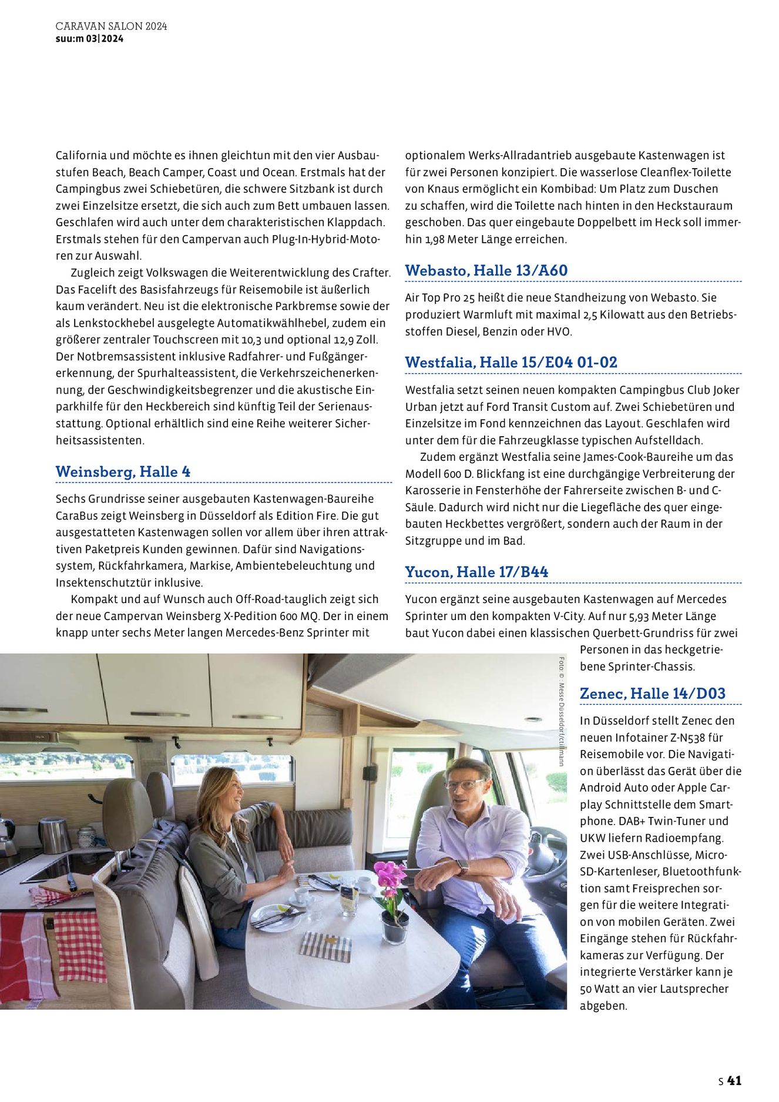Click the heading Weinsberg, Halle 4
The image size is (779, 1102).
coord(123,471)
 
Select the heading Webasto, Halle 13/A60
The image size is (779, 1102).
coord(486,270)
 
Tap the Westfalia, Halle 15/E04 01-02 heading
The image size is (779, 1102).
coord(511,362)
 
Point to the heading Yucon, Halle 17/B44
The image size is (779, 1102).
coord(476,572)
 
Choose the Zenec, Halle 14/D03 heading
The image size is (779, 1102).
coord(653,694)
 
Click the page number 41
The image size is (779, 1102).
coord(734,1080)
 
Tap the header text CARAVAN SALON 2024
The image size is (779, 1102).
coord(112,26)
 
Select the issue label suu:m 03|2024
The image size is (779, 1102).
coord(89,39)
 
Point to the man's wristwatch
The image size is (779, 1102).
coord(462,867)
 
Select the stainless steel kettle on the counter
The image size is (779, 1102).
coord(54,835)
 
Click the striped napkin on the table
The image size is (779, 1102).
coord(325,947)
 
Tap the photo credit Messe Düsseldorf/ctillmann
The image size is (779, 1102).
coord(562,711)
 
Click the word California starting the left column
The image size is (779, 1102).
coord(81,155)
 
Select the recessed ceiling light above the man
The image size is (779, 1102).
coord(533,719)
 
